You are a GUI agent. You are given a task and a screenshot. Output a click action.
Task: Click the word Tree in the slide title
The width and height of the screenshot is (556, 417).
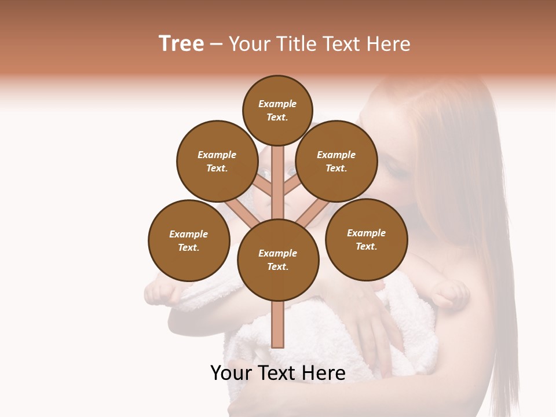click(x=181, y=44)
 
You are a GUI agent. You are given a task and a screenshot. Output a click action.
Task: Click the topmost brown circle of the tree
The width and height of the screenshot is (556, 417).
click(x=277, y=110)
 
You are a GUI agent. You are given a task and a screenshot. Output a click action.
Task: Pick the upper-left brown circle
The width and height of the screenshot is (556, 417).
click(x=217, y=161)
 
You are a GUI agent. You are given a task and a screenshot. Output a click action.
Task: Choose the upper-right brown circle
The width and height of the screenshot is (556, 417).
click(x=336, y=161)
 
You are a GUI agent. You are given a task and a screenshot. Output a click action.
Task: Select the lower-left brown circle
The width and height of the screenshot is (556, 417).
click(x=188, y=240)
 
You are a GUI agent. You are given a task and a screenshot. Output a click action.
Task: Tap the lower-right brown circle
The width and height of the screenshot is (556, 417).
click(x=366, y=239)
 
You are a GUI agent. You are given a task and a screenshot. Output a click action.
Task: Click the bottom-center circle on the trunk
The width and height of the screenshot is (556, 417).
click(x=278, y=259)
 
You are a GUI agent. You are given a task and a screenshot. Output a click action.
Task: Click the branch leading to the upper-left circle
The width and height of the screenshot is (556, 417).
click(x=264, y=186)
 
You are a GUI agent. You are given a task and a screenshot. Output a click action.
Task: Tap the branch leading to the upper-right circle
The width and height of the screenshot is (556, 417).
click(x=291, y=186)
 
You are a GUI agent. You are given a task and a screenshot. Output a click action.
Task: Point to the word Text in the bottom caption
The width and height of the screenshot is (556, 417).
click(x=279, y=373)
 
